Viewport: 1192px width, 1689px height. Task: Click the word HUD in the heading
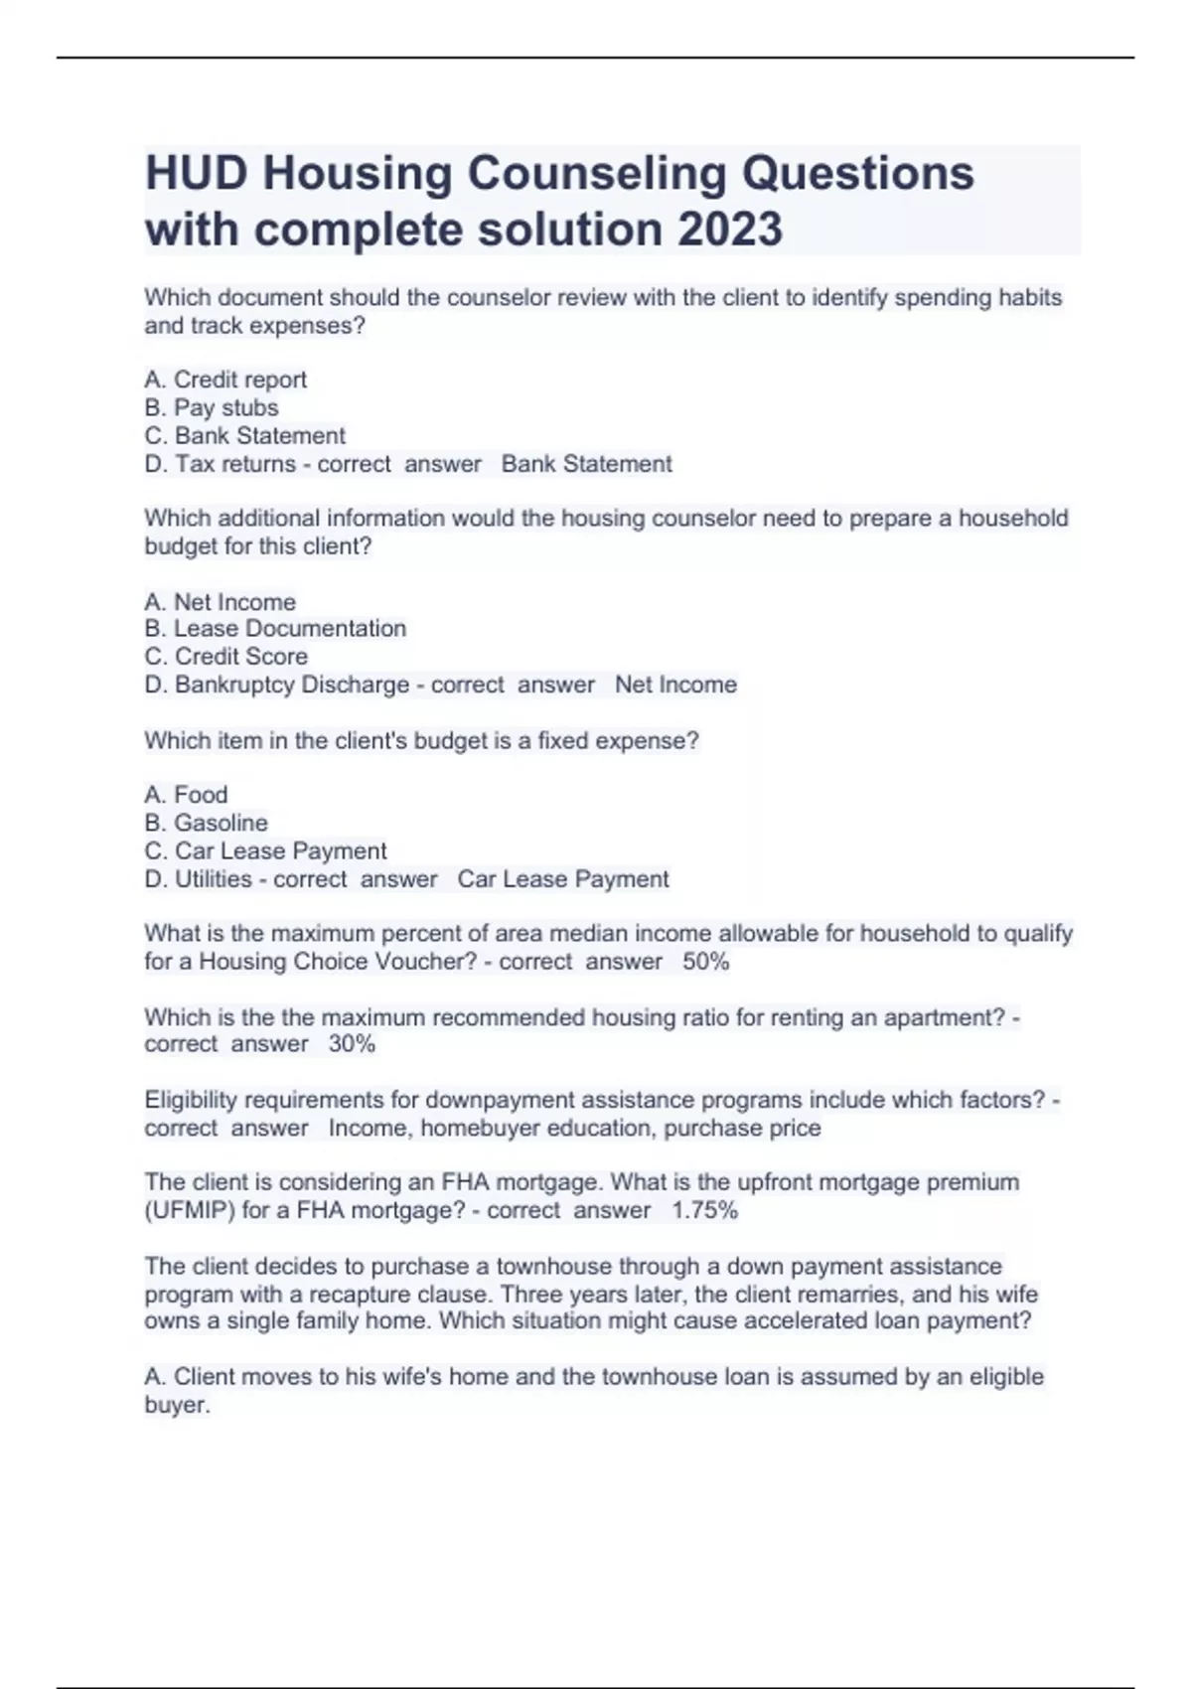click(195, 173)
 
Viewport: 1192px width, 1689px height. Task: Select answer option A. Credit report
click(225, 380)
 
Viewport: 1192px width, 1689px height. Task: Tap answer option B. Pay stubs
click(212, 407)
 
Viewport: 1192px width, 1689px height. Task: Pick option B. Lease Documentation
click(275, 628)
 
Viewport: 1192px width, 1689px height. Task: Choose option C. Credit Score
click(226, 656)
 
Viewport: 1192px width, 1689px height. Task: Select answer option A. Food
click(186, 795)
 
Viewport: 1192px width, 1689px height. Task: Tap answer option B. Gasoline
click(206, 823)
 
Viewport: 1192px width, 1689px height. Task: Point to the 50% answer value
click(705, 962)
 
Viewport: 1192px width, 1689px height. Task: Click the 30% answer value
click(352, 1044)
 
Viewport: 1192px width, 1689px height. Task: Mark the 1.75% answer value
click(704, 1210)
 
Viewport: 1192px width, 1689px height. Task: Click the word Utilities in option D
click(214, 879)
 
